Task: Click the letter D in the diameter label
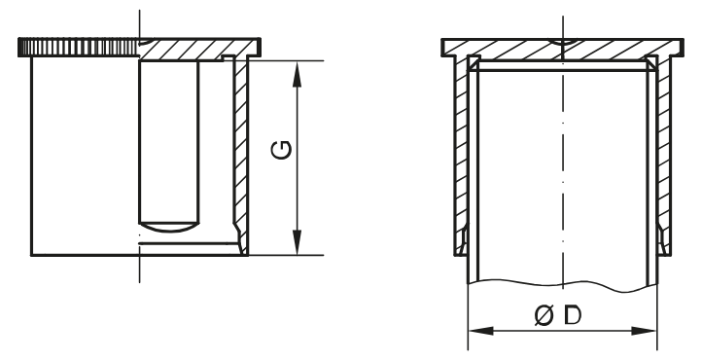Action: [566, 316]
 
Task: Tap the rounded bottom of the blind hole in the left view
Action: [169, 226]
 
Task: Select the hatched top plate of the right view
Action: [506, 47]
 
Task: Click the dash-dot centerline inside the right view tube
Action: [561, 175]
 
